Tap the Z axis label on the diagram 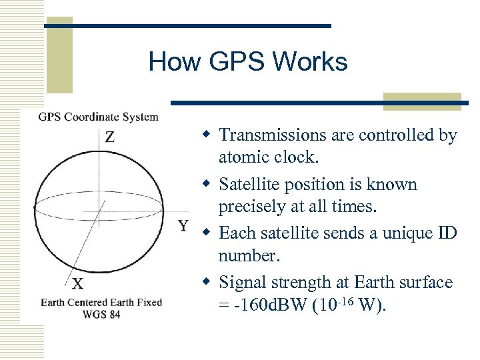[110, 137]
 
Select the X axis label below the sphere [78, 285]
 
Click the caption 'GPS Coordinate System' [98, 117]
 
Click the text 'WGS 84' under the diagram [101, 314]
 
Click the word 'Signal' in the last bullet [241, 282]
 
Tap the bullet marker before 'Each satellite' [207, 233]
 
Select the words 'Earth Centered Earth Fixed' [101, 302]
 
